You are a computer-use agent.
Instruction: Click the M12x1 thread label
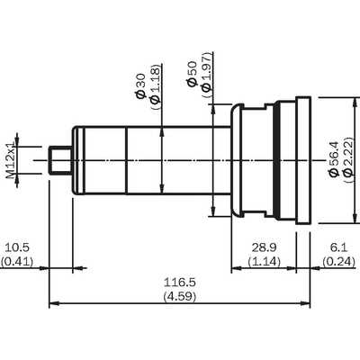click(x=11, y=160)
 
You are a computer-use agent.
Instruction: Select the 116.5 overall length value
click(x=180, y=283)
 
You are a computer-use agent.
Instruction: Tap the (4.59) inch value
click(x=180, y=296)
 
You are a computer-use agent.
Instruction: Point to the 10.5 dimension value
click(x=17, y=247)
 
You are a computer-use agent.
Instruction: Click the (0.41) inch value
click(x=17, y=262)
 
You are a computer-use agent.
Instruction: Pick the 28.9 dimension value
click(x=264, y=247)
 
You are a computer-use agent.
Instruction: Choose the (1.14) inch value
click(x=264, y=262)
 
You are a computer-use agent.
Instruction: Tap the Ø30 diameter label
click(x=140, y=86)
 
